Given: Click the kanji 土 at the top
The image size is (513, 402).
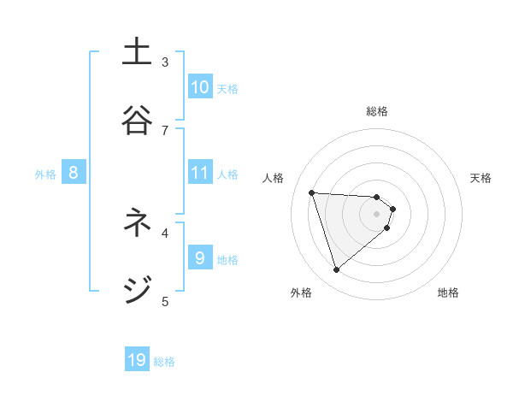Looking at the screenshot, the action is coord(138,52).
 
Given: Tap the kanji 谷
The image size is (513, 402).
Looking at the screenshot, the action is coord(138,119).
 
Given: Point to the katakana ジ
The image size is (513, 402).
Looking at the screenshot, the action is coord(138,290).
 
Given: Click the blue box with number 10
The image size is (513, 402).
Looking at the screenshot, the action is coord(200,86).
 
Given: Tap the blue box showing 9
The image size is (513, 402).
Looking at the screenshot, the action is coord(200,257).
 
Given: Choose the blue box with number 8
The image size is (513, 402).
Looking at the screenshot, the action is coord(74,173).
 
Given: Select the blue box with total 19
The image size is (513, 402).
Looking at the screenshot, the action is coord(138,360).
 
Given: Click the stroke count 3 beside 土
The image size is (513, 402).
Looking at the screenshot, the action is coord(165,62).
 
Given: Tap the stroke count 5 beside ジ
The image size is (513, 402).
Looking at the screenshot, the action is coord(165,300).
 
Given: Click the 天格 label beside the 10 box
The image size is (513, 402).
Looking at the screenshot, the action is coord(227,88).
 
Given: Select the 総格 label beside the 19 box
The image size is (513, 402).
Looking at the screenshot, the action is coord(164,362).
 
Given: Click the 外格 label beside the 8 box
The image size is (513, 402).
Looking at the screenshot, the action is coord(45,174).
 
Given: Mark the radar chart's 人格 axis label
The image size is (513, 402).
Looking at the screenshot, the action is coord(274,178).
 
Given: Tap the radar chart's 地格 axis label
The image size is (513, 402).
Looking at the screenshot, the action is coord(448,293).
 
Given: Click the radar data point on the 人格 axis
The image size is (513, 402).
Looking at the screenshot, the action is coord(311,192).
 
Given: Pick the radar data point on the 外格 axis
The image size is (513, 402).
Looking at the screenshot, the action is coord(336,270).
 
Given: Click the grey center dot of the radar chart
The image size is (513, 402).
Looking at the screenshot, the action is coord(376,214).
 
